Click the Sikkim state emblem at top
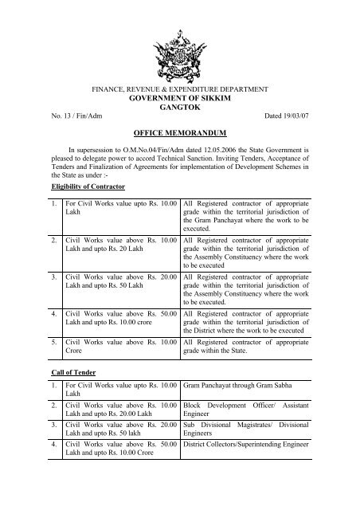pos(179,41)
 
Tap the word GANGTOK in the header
pos(179,114)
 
